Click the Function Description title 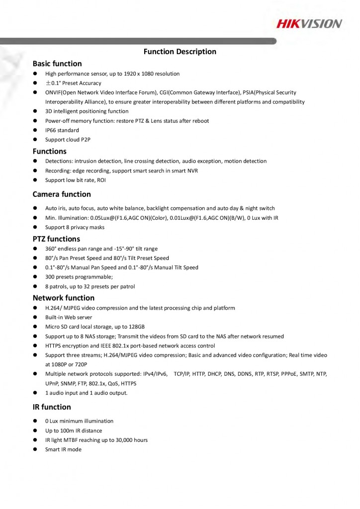pos(180,52)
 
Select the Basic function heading pos(57,64)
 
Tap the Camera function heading pos(62,194)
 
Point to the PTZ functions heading pos(56,239)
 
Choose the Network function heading pos(63,298)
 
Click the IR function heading pos(52,407)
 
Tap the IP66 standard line pos(62,130)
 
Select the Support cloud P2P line pos(68,140)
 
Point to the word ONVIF pos(53,92)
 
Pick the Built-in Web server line pos(69,317)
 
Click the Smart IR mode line pos(63,449)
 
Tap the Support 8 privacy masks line pos(75,227)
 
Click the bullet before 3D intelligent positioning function pos(36,111)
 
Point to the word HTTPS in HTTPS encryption pos(54,345)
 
